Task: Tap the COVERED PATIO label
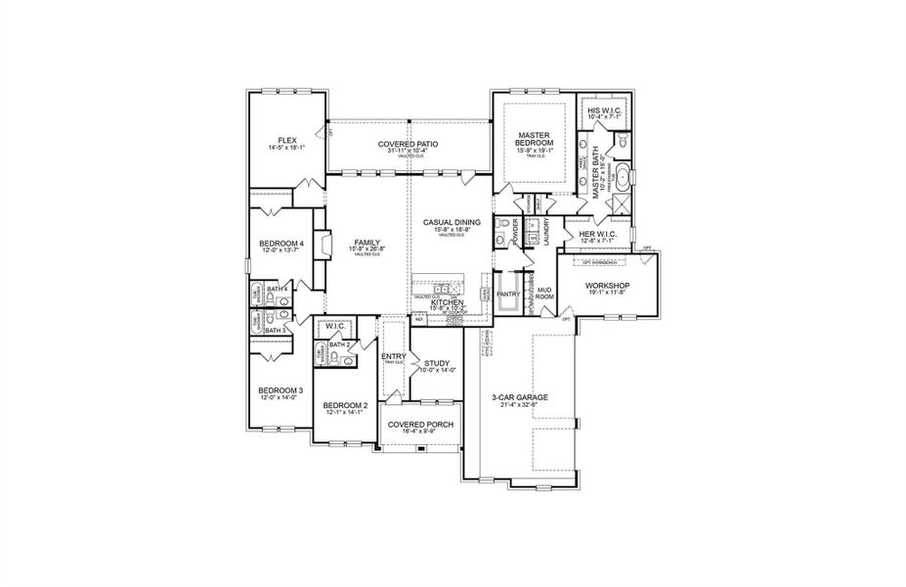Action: coord(408,144)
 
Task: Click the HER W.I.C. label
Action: coord(602,235)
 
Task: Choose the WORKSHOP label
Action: coord(608,286)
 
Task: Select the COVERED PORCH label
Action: coord(419,425)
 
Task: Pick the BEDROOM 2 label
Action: coord(345,406)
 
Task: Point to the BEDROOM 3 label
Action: coord(280,390)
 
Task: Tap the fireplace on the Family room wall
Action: coord(329,245)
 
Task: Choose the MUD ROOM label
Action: coord(544,293)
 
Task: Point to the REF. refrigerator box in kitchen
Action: coord(420,319)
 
